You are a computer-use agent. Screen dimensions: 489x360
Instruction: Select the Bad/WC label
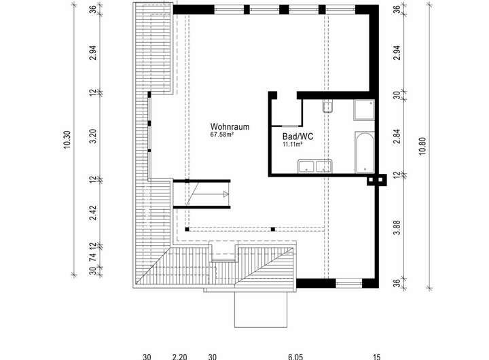(297, 136)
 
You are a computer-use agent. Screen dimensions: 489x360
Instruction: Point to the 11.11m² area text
(292, 144)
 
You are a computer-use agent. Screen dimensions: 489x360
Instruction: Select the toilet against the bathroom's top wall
(327, 107)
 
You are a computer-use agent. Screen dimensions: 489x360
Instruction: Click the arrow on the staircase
(224, 195)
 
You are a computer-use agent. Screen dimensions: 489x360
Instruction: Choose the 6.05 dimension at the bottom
(295, 355)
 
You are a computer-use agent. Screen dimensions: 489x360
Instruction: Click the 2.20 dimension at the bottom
(179, 355)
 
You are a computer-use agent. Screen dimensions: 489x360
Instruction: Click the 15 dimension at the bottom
(377, 355)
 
